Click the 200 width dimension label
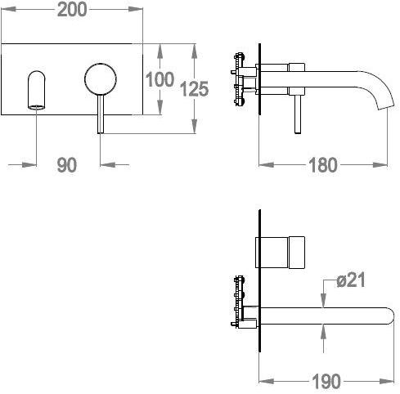pos(72,10)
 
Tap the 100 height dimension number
pos(160,79)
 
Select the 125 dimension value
pos(195,89)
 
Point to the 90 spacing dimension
pos(67,165)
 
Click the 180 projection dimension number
pos(323,165)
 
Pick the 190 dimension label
pos(326,381)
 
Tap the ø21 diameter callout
pos(351,280)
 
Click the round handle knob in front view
pos(101,79)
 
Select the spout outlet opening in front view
pos(36,107)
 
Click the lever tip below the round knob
pos(101,132)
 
